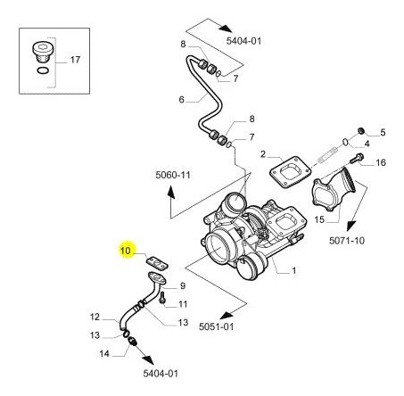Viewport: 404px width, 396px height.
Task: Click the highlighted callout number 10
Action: pos(126,251)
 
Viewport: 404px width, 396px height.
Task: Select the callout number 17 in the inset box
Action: pos(75,60)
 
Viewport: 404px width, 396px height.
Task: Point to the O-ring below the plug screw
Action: pos(43,70)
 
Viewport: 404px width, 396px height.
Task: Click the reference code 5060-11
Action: pos(173,175)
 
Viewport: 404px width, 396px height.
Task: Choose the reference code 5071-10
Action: pos(347,240)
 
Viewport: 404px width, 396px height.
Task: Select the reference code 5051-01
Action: pos(216,326)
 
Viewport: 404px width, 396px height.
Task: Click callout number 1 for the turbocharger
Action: pos(293,270)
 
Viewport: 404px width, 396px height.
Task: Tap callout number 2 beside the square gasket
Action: pos(263,154)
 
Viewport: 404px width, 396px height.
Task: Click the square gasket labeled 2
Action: pos(291,172)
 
